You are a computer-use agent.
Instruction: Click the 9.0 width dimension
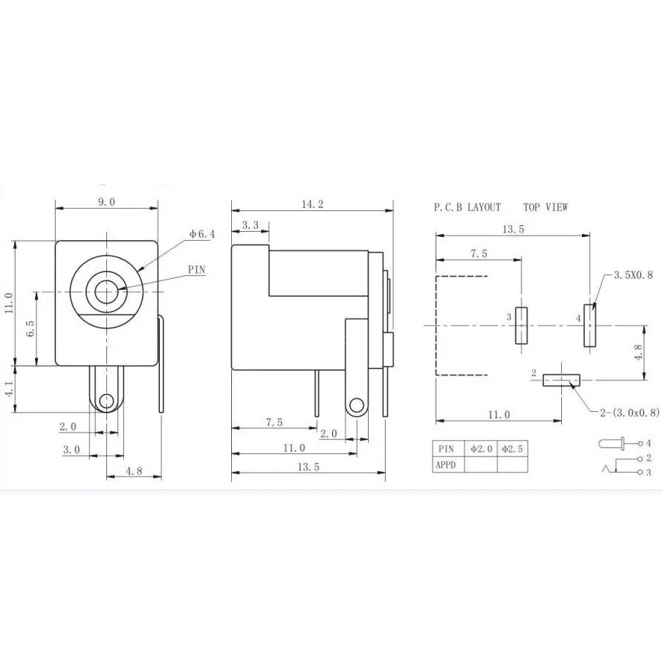[107, 201]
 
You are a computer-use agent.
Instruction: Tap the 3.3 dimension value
[250, 225]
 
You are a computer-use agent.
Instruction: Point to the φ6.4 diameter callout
[202, 234]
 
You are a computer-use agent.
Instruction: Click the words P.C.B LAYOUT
[468, 207]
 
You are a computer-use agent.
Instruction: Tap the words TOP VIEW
[545, 207]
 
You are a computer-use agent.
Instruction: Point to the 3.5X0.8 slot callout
[633, 275]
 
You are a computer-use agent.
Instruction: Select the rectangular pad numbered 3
[521, 326]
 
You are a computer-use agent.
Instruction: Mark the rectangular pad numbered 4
[590, 326]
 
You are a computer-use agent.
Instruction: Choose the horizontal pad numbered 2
[561, 380]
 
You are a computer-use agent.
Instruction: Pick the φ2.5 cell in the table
[512, 449]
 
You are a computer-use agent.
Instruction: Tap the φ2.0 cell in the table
[480, 449]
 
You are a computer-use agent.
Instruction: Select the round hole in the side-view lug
[356, 405]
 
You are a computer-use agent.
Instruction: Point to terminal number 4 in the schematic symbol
[649, 443]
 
